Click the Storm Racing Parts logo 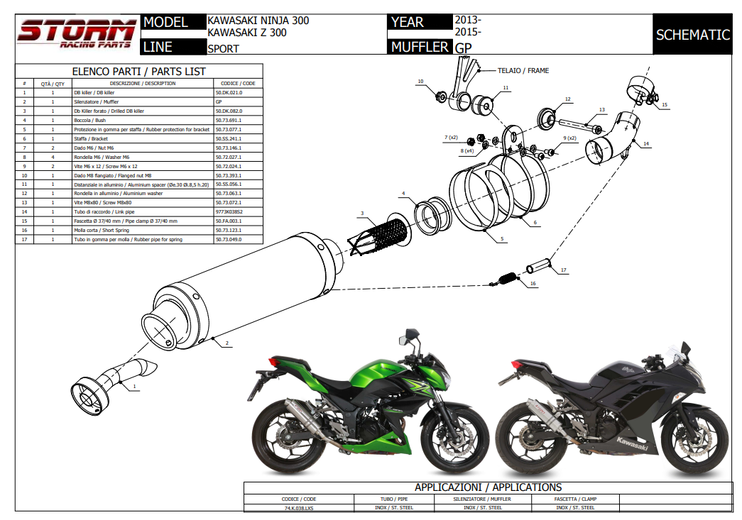tap(77, 33)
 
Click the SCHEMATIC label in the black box tap(692, 35)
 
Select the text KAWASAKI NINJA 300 tap(258, 21)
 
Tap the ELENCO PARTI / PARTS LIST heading tap(139, 71)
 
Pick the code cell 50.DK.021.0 tap(229, 93)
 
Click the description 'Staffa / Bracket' tap(91, 138)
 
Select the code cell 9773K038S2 tap(229, 211)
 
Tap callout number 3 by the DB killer tap(361, 214)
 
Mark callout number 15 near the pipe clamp tap(665, 105)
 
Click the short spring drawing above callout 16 tap(507, 278)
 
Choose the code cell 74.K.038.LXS tap(298, 508)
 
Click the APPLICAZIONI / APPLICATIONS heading tap(488, 487)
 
